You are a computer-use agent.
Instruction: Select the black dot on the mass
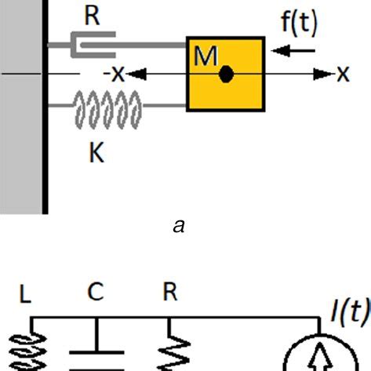pyautogui.click(x=227, y=75)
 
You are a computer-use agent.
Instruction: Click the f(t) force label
pyautogui.click(x=299, y=24)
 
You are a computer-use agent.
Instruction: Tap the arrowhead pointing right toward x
pyautogui.click(x=323, y=75)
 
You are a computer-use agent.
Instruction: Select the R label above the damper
pyautogui.click(x=93, y=16)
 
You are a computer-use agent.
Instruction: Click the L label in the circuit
pyautogui.click(x=25, y=294)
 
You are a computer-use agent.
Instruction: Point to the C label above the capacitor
pyautogui.click(x=95, y=293)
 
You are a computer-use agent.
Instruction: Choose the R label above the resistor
pyautogui.click(x=169, y=293)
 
